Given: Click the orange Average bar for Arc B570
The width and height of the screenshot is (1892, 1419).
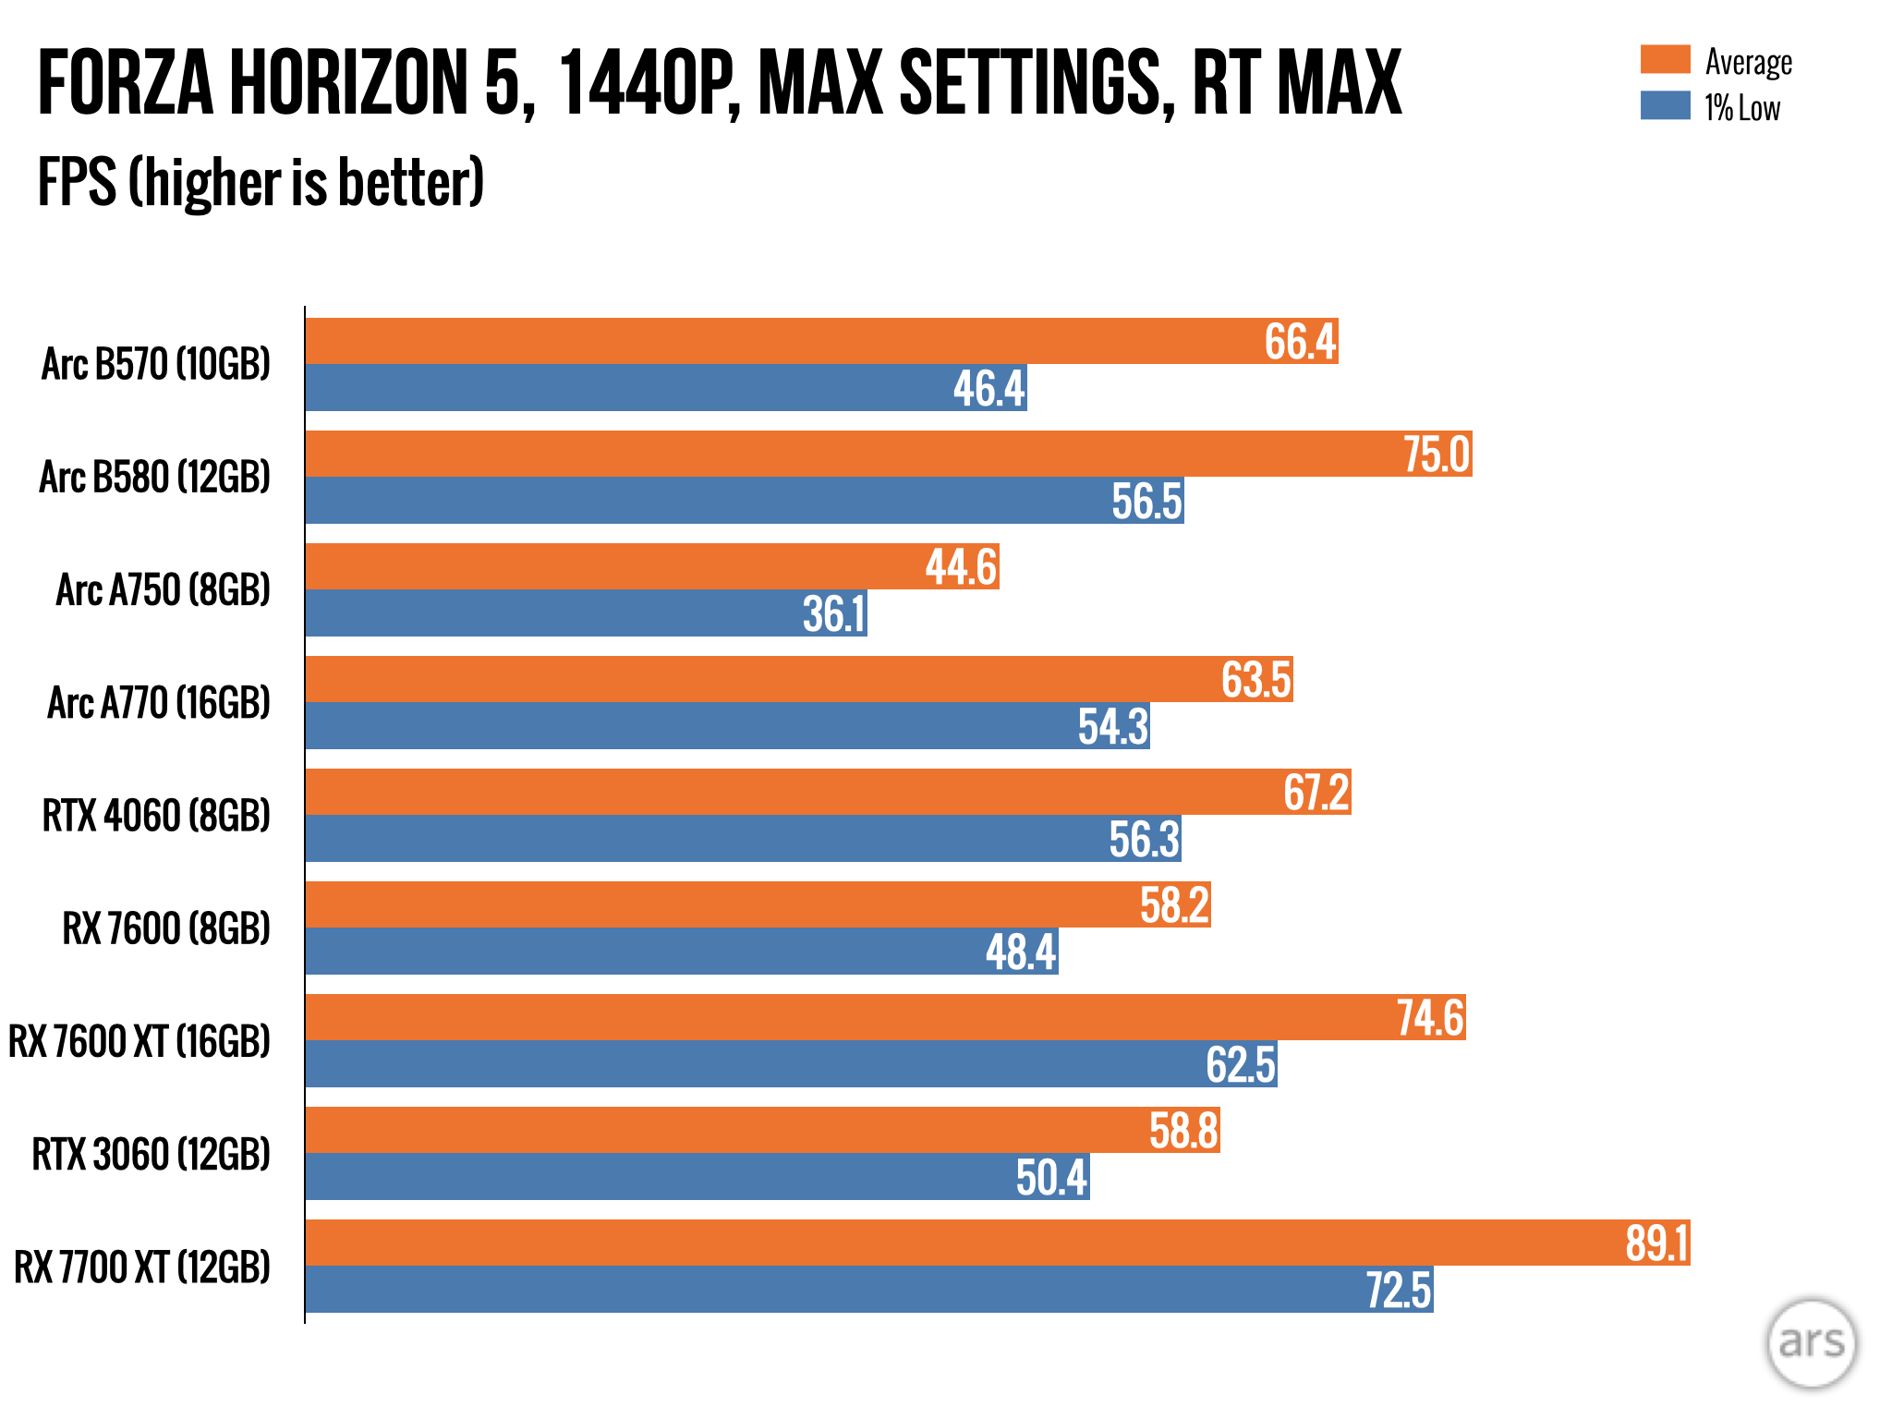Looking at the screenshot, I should (785, 341).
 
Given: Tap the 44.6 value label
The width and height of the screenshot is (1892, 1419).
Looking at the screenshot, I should (961, 567).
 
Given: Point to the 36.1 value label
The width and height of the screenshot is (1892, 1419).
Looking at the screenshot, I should (833, 614).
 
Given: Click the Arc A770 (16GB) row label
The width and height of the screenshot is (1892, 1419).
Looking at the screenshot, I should (159, 703).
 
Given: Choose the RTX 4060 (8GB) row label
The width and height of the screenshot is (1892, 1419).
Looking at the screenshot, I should (156, 816).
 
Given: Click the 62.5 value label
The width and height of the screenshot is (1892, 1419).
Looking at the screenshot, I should (1241, 1064).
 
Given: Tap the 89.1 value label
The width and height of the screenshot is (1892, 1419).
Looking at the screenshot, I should (1657, 1243).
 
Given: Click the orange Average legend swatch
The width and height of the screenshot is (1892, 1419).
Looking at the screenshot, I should (1665, 59).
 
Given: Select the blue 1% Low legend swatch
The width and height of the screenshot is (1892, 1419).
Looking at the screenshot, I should (1665, 105).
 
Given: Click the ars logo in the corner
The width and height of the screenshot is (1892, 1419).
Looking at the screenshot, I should (1811, 1342).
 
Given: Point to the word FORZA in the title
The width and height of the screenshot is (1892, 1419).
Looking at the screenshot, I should (126, 83).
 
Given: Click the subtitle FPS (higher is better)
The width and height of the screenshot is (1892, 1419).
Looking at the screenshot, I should (261, 182).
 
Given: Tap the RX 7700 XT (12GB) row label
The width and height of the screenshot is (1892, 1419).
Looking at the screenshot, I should (142, 1267).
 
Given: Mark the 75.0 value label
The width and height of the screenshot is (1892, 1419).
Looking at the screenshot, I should (1436, 455).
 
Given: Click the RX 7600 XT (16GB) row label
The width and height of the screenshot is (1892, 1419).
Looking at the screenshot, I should (139, 1041).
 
